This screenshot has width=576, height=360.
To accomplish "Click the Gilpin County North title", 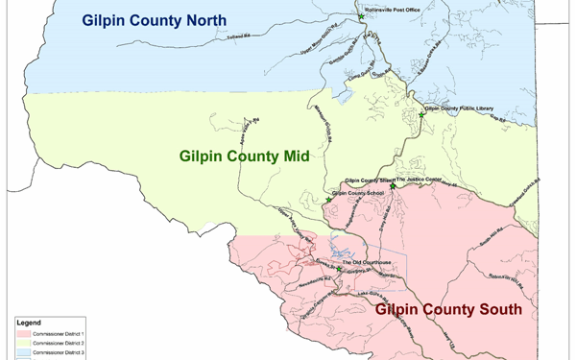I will [153, 20].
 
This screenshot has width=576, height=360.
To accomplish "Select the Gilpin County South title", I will [448, 309].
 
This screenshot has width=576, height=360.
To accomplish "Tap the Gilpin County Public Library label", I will [459, 109].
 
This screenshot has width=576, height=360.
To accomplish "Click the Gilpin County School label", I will [358, 194].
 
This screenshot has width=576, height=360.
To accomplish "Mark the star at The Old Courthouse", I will [339, 269].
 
